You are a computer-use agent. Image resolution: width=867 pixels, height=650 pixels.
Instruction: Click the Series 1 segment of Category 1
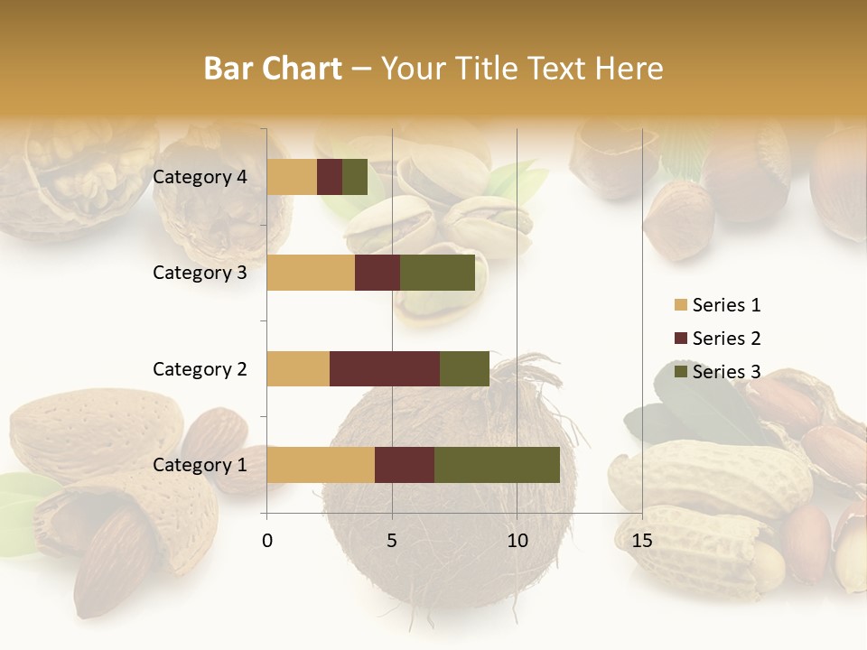pyautogui.click(x=321, y=464)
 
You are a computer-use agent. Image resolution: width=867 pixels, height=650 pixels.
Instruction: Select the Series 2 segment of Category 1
pyautogui.click(x=405, y=464)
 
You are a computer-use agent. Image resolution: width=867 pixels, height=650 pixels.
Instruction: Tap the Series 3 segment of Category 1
pyautogui.click(x=497, y=464)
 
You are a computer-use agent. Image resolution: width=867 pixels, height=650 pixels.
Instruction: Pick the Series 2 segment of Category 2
pyautogui.click(x=385, y=368)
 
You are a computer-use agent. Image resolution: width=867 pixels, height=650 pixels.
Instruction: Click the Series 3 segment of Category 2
pyautogui.click(x=464, y=368)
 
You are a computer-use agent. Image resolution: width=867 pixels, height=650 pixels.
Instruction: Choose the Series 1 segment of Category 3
pyautogui.click(x=311, y=273)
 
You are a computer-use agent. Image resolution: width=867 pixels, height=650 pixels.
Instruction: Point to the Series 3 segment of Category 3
pyautogui.click(x=437, y=273)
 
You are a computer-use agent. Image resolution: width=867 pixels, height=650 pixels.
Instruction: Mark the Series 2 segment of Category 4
pyautogui.click(x=330, y=177)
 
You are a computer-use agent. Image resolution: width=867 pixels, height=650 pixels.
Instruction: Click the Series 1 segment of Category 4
pyautogui.click(x=292, y=177)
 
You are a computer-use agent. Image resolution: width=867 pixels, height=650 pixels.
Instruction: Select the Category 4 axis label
pyautogui.click(x=200, y=177)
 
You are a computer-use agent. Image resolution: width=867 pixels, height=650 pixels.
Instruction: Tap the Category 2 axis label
pyautogui.click(x=200, y=368)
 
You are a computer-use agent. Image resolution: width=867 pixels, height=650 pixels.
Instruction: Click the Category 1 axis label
pyautogui.click(x=200, y=465)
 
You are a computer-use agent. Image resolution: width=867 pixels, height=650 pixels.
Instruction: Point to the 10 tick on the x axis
pyautogui.click(x=517, y=541)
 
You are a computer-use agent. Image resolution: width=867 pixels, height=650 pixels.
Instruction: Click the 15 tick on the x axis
pyautogui.click(x=642, y=541)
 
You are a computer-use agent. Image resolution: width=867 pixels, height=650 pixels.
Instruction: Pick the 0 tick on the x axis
pyautogui.click(x=266, y=541)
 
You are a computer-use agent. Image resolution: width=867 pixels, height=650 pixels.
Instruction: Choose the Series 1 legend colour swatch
pyautogui.click(x=680, y=305)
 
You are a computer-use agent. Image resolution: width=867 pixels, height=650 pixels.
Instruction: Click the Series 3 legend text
pyautogui.click(x=726, y=372)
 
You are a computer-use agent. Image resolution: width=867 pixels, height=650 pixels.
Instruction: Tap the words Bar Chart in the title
pyautogui.click(x=273, y=69)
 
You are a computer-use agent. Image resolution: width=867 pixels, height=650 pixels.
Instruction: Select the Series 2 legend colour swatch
pyautogui.click(x=680, y=339)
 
